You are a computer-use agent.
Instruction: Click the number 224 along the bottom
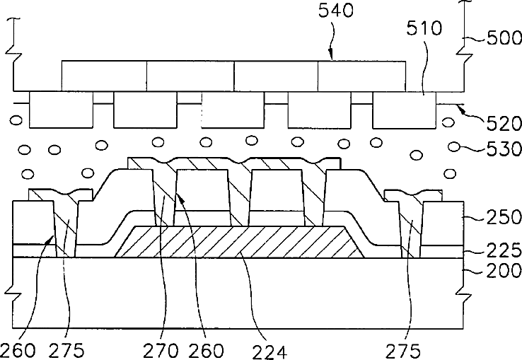point(272,349)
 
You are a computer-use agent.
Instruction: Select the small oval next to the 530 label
point(456,148)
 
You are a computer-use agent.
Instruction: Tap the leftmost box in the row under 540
point(104,76)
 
